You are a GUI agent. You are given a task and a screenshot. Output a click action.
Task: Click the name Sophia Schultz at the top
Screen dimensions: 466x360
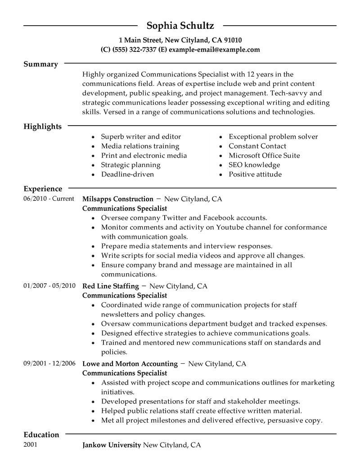pyautogui.click(x=180, y=25)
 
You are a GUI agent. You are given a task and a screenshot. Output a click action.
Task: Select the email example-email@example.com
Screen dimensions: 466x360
pyautogui.click(x=214, y=50)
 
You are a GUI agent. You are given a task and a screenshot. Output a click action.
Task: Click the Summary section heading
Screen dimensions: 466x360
pyautogui.click(x=40, y=64)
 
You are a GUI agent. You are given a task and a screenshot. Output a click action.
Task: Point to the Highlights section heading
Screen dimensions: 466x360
pyautogui.click(x=42, y=127)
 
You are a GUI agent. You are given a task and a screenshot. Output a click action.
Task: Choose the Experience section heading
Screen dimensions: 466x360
pyautogui.click(x=43, y=189)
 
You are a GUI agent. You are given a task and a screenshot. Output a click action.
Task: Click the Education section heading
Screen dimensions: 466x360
pyautogui.click(x=41, y=435)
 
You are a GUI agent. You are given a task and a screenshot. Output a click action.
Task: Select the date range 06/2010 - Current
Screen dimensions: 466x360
pyautogui.click(x=49, y=199)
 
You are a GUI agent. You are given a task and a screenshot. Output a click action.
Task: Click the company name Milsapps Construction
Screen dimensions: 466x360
pyautogui.click(x=118, y=199)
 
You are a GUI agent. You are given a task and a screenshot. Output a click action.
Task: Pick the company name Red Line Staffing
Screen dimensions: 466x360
pyautogui.click(x=110, y=286)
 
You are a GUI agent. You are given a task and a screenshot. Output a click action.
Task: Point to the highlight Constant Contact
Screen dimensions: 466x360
pyautogui.click(x=257, y=146)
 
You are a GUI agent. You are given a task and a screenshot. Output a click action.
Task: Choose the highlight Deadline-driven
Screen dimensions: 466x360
pyautogui.click(x=127, y=175)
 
